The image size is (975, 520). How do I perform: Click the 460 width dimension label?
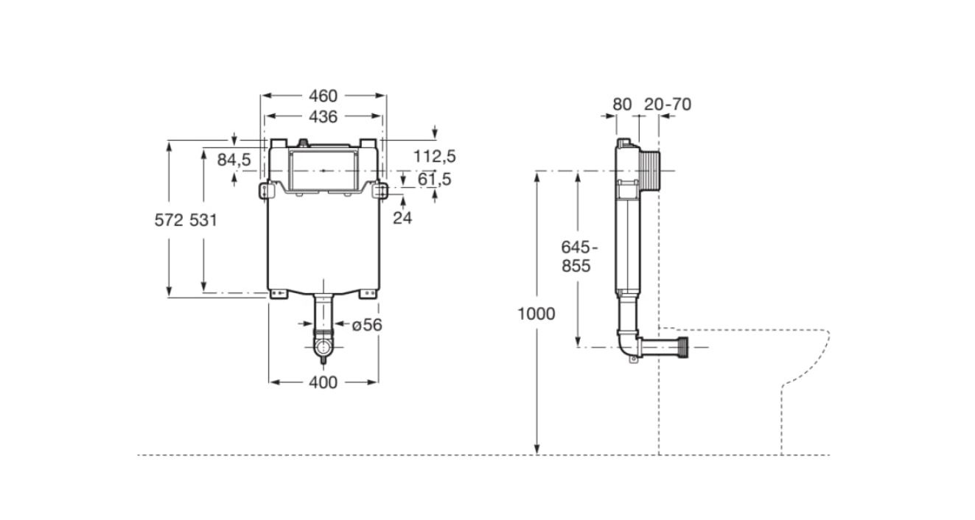(323, 96)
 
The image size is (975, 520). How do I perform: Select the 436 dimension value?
(323, 116)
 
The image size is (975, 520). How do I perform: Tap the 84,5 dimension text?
(234, 160)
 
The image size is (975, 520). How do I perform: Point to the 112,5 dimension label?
(434, 156)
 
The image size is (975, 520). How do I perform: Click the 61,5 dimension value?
(434, 179)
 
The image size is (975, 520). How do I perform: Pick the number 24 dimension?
(402, 218)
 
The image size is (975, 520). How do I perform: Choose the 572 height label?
(169, 220)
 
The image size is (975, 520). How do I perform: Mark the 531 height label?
(203, 220)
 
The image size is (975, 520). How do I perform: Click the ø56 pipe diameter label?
(367, 325)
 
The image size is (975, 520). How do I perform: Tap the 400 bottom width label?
(323, 382)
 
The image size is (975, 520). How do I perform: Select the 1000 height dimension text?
(537, 314)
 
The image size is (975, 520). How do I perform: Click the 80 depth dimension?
(622, 105)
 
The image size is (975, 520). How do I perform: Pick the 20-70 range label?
(668, 105)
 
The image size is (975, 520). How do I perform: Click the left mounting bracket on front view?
(265, 191)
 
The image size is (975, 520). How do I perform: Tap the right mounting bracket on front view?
(380, 191)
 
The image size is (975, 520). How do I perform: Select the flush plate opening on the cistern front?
(324, 171)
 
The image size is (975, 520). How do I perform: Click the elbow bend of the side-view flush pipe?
(627, 345)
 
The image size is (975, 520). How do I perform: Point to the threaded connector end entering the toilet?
(683, 347)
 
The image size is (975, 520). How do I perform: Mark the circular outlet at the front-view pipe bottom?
(324, 347)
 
